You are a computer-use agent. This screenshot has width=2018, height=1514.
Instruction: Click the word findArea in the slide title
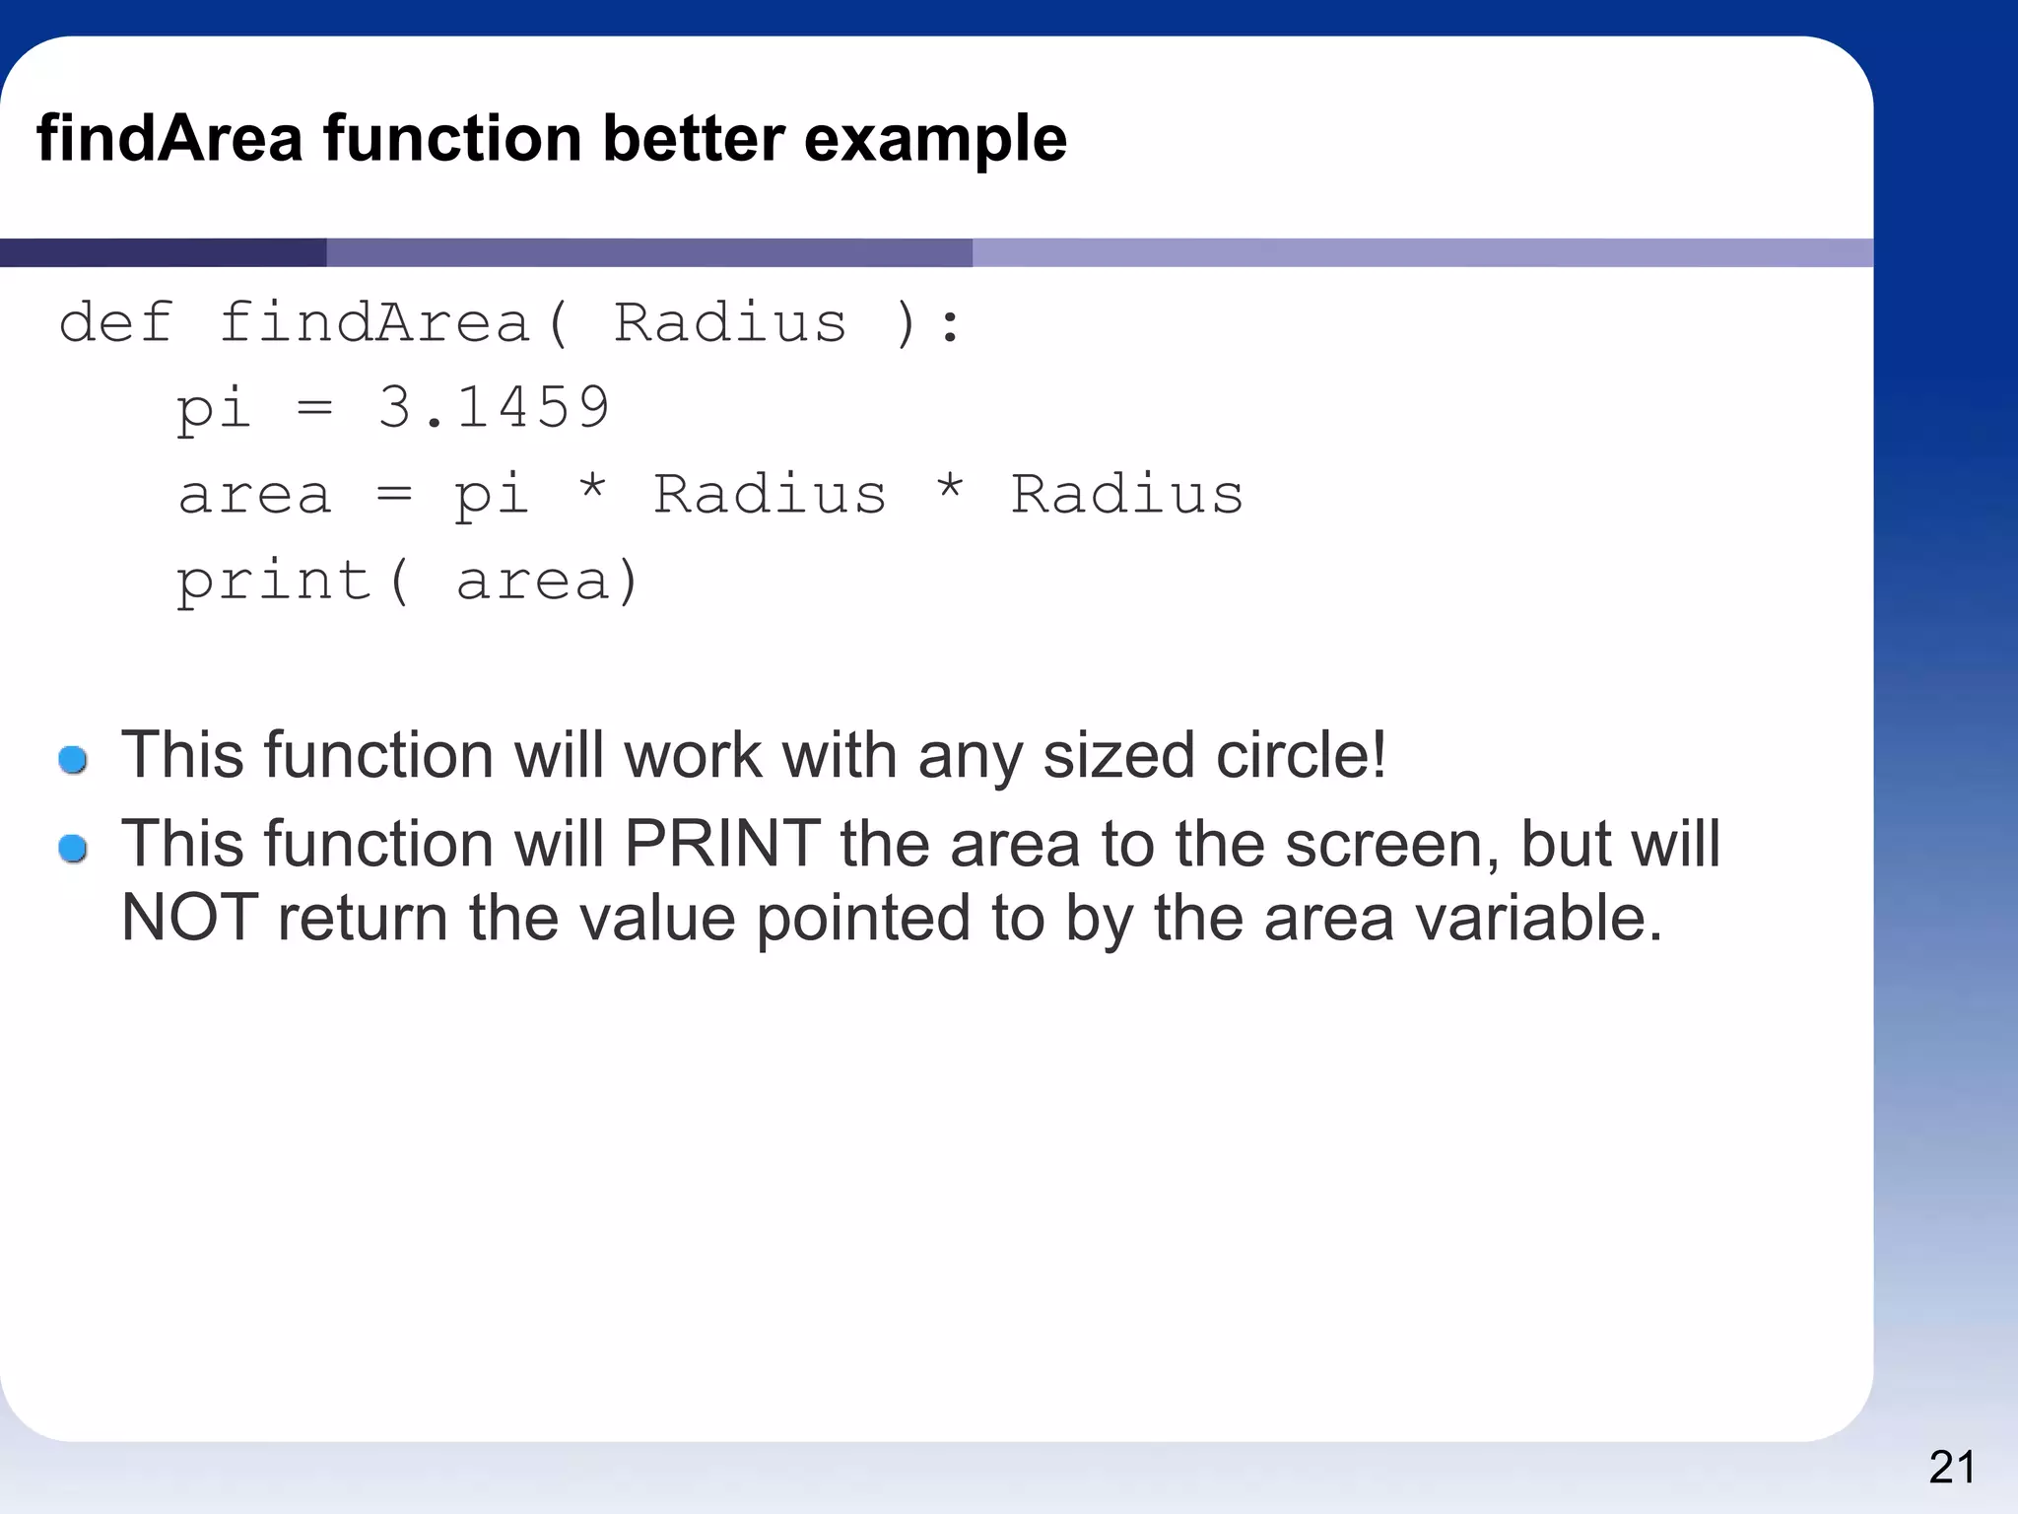[x=169, y=138]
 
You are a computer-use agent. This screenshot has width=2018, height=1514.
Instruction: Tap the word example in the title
[x=935, y=140]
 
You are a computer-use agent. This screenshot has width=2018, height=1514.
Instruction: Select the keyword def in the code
[x=116, y=322]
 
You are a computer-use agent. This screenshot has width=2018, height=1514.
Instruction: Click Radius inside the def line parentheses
[x=730, y=322]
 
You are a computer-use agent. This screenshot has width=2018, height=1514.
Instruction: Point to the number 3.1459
[x=494, y=407]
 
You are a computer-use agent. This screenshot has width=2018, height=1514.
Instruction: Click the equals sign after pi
[x=315, y=407]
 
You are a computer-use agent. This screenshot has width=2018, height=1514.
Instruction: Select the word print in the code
[x=274, y=582]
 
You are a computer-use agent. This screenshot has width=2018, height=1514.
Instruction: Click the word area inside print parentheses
[x=533, y=582]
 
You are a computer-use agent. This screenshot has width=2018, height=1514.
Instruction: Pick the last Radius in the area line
[x=1127, y=494]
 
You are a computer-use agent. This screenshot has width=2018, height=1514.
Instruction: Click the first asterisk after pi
[x=592, y=490]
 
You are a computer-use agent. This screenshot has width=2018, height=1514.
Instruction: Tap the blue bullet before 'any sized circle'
[x=73, y=760]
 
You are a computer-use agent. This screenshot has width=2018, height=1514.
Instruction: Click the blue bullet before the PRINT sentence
[x=73, y=848]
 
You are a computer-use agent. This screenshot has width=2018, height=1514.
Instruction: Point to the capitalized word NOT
[x=189, y=918]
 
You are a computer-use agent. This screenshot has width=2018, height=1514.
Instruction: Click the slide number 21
[x=1951, y=1468]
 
